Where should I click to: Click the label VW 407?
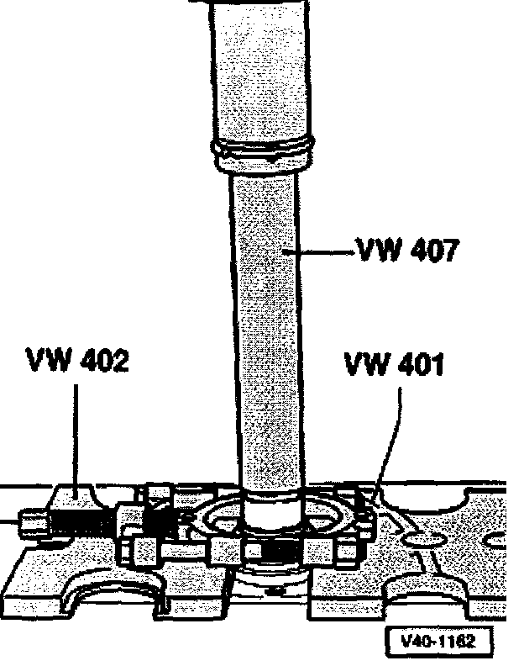[x=407, y=251]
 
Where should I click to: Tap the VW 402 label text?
[x=77, y=362]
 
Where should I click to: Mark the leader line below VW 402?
[x=77, y=437]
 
